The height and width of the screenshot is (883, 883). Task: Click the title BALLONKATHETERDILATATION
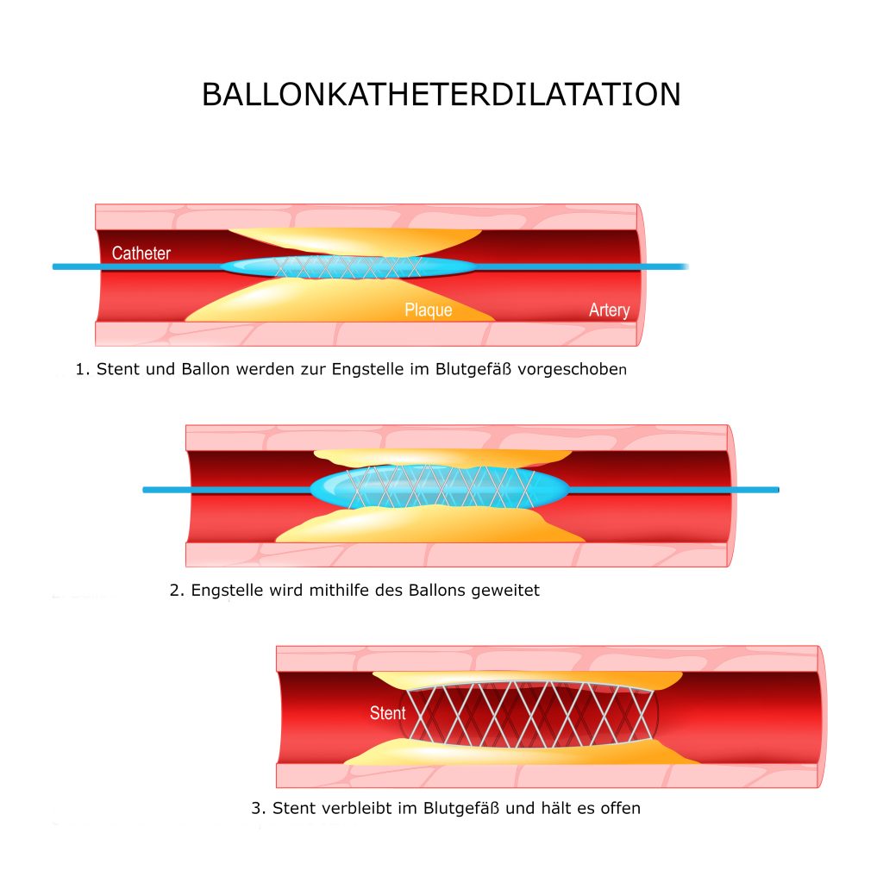pyautogui.click(x=441, y=94)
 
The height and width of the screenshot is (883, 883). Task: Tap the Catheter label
pyautogui.click(x=141, y=254)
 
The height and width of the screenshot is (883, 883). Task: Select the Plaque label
pyautogui.click(x=428, y=310)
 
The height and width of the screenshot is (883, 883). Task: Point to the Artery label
pyautogui.click(x=610, y=310)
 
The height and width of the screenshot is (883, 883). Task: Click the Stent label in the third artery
pyautogui.click(x=387, y=713)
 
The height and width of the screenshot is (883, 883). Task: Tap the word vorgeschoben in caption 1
pyautogui.click(x=573, y=369)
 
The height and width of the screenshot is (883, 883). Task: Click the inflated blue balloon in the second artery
pyautogui.click(x=439, y=486)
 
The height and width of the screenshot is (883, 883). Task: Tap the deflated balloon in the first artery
pyautogui.click(x=348, y=267)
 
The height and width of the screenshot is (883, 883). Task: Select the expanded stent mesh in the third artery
pyautogui.click(x=530, y=713)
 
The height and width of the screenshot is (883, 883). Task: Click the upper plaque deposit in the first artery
pyautogui.click(x=354, y=241)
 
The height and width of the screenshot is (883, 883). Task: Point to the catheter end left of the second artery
pyautogui.click(x=145, y=490)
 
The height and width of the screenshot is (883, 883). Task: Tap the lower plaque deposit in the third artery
pyautogui.click(x=521, y=753)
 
